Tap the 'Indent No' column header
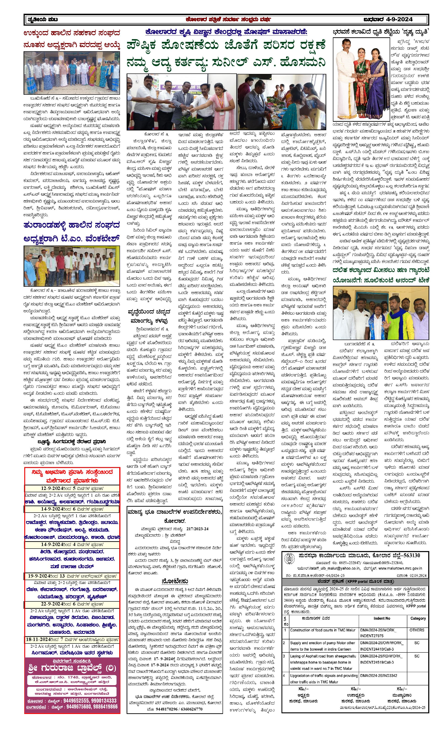click(382, 618)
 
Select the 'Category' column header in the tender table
click(418, 618)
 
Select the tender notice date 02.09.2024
click(416, 575)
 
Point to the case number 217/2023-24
click(197, 529)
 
